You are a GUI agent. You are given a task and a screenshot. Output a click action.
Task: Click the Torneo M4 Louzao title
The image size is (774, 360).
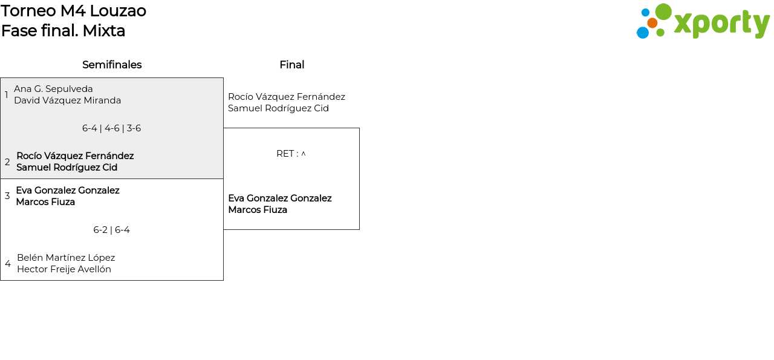[73, 11]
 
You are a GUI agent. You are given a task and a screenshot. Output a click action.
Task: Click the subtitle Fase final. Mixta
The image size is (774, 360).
[63, 31]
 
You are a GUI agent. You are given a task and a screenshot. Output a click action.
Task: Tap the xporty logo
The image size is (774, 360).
[703, 22]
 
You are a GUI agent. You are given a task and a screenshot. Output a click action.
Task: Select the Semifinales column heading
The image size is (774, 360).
[112, 65]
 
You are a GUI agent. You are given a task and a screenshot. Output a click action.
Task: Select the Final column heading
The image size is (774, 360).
[291, 65]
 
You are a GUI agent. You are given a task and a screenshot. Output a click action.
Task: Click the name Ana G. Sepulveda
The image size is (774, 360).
[53, 89]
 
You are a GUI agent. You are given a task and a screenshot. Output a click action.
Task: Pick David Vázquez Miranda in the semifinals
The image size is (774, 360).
[67, 100]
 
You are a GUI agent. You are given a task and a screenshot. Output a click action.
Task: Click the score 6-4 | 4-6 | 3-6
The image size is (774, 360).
[111, 128]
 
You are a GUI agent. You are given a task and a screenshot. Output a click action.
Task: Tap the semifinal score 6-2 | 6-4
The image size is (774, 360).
[111, 230]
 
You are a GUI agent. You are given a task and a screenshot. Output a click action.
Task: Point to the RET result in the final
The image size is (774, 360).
[291, 154]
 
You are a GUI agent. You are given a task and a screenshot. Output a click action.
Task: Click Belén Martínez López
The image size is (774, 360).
[66, 258]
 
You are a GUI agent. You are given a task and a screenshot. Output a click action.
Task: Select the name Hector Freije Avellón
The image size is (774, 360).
[64, 269]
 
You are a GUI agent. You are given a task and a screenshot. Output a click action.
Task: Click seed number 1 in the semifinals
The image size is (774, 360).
[7, 95]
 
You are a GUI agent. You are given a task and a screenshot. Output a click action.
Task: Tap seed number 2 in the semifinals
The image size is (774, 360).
[7, 162]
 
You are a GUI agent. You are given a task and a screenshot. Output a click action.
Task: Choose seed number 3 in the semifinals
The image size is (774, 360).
[7, 196]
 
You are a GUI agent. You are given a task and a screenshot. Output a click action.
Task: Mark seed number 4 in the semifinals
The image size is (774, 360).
[8, 264]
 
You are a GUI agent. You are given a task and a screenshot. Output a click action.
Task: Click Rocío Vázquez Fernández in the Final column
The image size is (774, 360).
[286, 97]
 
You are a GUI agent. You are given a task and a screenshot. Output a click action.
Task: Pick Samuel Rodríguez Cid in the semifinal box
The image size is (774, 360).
[67, 168]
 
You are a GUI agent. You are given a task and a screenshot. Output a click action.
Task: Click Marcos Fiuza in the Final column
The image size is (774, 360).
[257, 210]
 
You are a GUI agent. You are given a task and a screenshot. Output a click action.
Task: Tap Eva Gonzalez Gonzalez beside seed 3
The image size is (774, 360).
[67, 191]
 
